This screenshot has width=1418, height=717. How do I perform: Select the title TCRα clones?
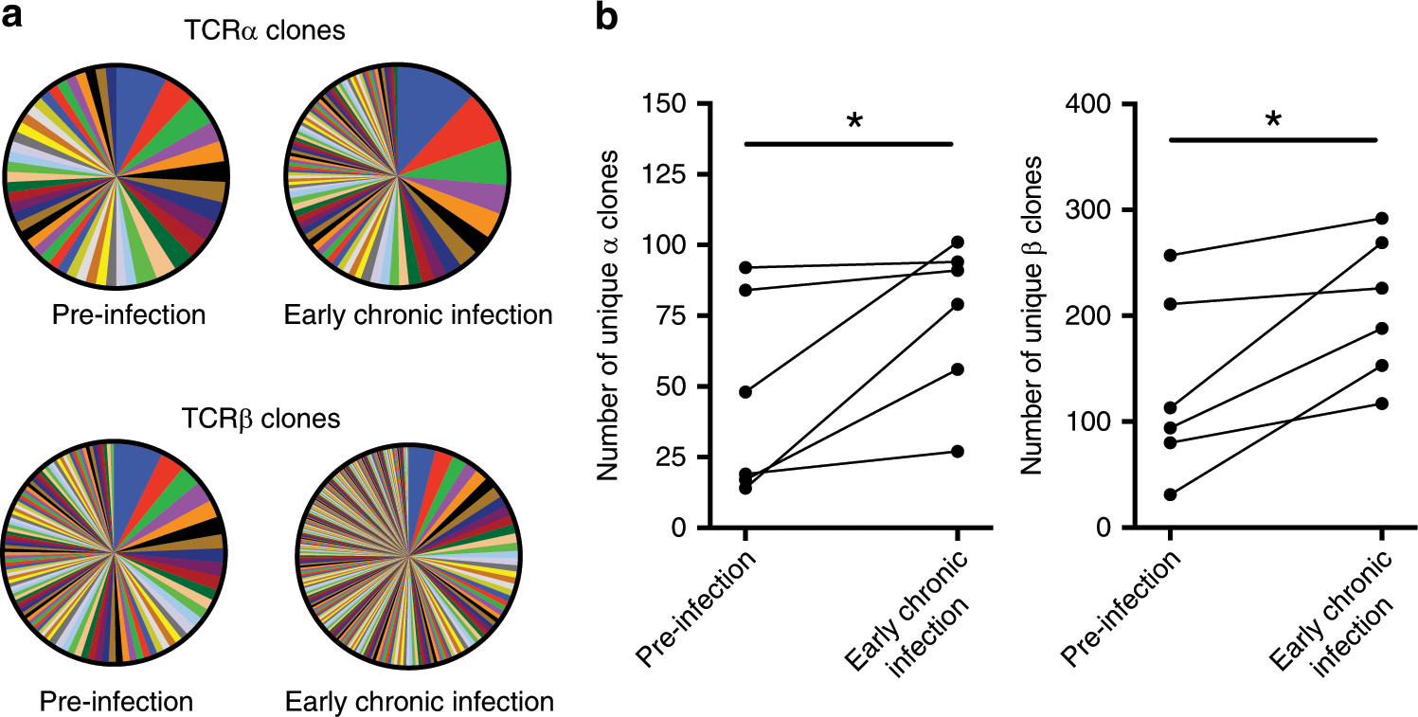(263, 31)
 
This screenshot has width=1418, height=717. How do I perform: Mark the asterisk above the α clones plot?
(853, 123)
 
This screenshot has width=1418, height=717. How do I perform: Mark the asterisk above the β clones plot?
(1274, 121)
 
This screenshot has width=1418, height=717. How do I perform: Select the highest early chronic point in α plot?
(958, 242)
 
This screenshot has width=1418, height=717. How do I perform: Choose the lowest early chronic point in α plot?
(958, 451)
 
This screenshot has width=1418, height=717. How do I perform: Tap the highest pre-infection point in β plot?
(1170, 256)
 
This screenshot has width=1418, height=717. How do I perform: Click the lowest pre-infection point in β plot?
(1170, 494)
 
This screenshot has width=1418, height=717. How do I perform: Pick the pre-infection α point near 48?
(745, 392)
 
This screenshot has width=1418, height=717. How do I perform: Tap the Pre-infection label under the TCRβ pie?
(117, 702)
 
